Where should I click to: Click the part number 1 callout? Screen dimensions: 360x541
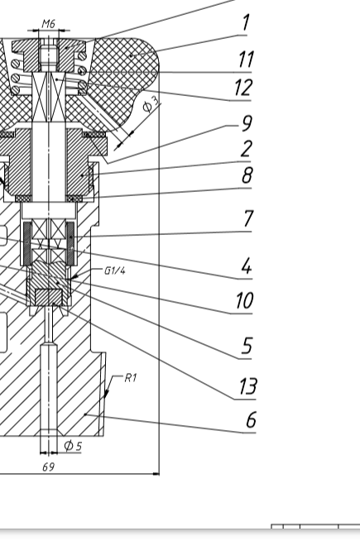[x=246, y=23]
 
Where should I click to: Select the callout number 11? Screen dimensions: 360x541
[x=246, y=59]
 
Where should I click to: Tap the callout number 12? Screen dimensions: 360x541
[x=243, y=88]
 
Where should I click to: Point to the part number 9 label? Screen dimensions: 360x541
[x=247, y=123]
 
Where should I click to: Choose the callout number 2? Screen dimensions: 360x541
[x=247, y=149]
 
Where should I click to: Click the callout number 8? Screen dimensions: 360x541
[x=247, y=175]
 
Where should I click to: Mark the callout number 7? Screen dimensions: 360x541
[x=248, y=218]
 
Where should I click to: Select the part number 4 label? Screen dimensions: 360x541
[x=247, y=266]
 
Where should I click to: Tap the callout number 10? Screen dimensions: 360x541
[x=245, y=300]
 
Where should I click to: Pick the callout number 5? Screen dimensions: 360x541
[x=247, y=346]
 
